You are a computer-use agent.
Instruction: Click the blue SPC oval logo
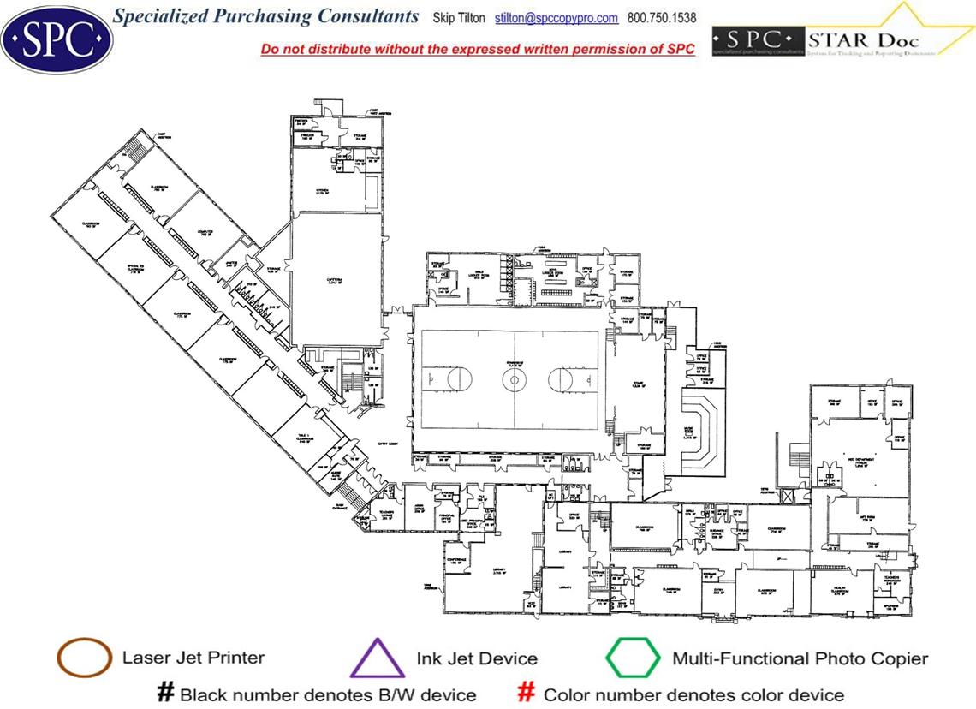click(x=57, y=38)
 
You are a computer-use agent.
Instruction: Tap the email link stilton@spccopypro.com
click(x=556, y=18)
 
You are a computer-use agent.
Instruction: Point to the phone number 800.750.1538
click(x=662, y=18)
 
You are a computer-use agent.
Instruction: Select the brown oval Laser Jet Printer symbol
click(x=84, y=658)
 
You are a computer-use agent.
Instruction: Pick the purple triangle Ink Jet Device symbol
click(x=378, y=660)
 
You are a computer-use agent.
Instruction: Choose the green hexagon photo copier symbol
click(x=634, y=658)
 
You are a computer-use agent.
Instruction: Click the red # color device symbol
click(x=527, y=693)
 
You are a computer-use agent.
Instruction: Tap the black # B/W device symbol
click(x=165, y=693)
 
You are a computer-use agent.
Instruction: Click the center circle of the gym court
click(x=514, y=378)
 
